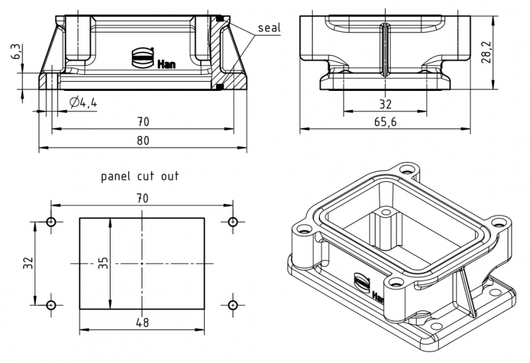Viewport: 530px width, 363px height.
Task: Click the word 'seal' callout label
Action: pos(270,28)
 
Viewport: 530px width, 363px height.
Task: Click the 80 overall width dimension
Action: pos(142,140)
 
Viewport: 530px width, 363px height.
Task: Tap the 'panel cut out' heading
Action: pos(140,177)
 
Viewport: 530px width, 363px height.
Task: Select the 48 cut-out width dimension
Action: pos(142,322)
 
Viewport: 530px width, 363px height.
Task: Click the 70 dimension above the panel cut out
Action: pos(142,198)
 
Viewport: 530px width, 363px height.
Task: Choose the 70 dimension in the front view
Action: pos(142,121)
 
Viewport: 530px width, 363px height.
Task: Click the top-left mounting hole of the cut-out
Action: pos(51,222)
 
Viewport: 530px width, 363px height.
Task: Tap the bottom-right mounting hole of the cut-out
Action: pos(233,305)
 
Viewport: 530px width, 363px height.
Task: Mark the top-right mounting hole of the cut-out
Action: pos(233,222)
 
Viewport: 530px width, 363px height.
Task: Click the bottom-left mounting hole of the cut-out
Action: pos(51,305)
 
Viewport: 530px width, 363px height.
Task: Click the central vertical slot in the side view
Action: pos(384,50)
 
